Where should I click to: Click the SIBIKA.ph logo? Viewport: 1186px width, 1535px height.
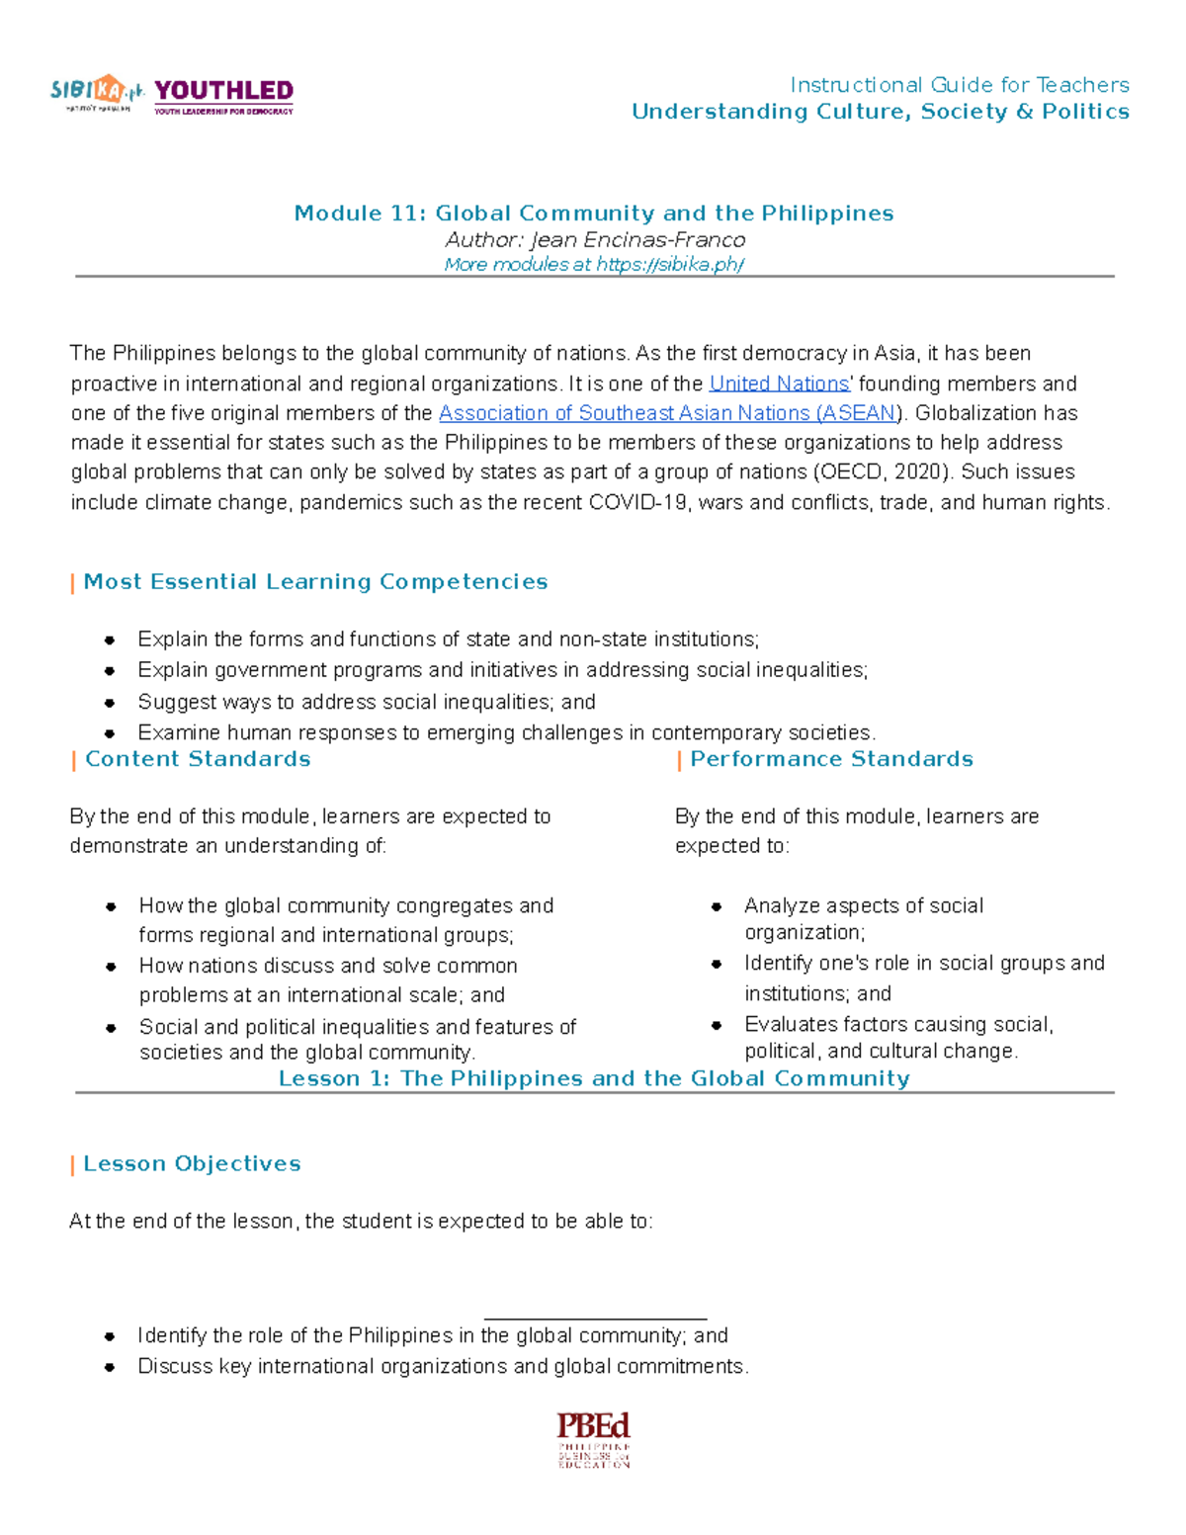[97, 94]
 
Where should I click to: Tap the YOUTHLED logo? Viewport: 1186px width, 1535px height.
[223, 96]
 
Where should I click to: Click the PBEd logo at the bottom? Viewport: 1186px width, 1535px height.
[593, 1439]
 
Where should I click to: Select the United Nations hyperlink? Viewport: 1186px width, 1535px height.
[779, 384]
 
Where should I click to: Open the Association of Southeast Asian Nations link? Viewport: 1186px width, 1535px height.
[667, 413]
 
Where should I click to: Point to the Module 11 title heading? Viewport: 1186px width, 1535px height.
[594, 213]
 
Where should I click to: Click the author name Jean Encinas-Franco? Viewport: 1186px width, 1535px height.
[637, 240]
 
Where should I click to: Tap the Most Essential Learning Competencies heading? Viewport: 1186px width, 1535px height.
[315, 582]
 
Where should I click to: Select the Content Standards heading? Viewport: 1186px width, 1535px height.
[198, 759]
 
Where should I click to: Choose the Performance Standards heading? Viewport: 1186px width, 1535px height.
[831, 759]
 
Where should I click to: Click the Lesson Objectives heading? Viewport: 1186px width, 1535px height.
[192, 1164]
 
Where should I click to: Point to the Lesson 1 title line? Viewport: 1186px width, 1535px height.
[594, 1078]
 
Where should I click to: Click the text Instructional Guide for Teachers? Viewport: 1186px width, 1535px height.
[959, 85]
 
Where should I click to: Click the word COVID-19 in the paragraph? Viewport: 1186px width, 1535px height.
[639, 503]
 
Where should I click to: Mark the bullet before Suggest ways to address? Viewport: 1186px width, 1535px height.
[110, 703]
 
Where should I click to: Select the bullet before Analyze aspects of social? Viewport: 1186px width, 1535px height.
[717, 906]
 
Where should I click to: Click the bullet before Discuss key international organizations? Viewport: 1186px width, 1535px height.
[110, 1368]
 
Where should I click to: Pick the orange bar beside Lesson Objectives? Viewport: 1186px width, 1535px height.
[73, 1165]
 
